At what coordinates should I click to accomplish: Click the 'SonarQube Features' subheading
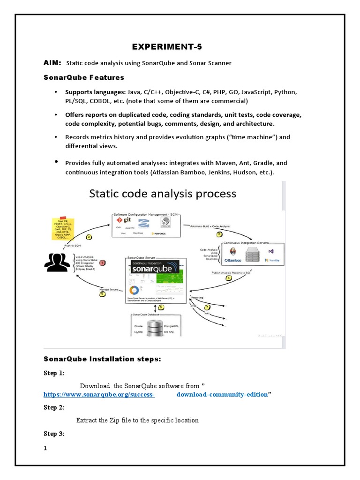point(84,77)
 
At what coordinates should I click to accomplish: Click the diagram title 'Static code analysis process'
point(163,194)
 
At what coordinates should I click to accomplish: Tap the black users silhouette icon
point(57,262)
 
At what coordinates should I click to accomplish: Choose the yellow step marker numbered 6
point(102,294)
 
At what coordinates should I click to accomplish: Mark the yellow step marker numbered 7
point(207,307)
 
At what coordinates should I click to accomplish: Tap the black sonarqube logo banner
point(155,268)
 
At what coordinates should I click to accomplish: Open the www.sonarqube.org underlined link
point(99,395)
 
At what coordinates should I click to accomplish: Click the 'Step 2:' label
point(54,407)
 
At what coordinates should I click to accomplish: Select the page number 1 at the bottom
point(45,448)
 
